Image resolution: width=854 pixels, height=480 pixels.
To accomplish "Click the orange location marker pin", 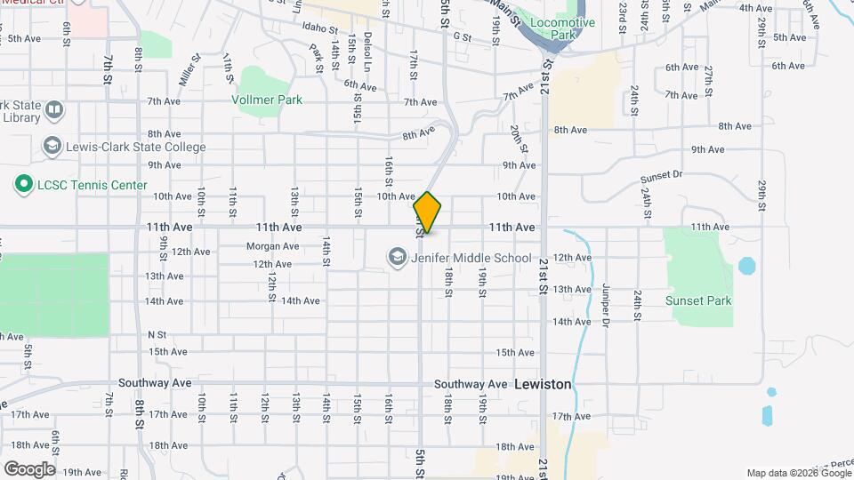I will (x=428, y=212).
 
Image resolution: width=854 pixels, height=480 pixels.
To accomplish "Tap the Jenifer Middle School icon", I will (x=397, y=258).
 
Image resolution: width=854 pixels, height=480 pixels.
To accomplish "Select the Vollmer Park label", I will (x=267, y=100).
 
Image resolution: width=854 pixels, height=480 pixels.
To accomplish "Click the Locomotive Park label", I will (x=561, y=28).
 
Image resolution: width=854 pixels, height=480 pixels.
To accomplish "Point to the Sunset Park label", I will (x=698, y=300).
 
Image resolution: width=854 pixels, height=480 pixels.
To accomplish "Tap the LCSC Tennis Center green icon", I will (x=23, y=185).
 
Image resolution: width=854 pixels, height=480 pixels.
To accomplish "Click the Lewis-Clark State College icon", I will (x=52, y=146).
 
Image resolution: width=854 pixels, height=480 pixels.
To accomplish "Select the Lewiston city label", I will (x=543, y=384).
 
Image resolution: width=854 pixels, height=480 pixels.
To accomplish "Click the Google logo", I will (x=28, y=468).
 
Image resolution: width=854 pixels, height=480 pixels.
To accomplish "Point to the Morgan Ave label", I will (x=272, y=246).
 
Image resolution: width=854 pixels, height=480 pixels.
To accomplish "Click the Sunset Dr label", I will (x=659, y=175).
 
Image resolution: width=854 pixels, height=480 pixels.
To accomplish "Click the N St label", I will (x=157, y=334).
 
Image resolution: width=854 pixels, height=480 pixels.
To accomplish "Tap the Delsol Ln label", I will (x=367, y=53).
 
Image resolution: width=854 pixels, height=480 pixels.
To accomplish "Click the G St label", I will (x=461, y=37).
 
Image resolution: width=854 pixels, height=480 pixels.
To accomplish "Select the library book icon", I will (x=54, y=110).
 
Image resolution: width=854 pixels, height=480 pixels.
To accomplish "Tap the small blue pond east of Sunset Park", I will (x=745, y=266).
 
